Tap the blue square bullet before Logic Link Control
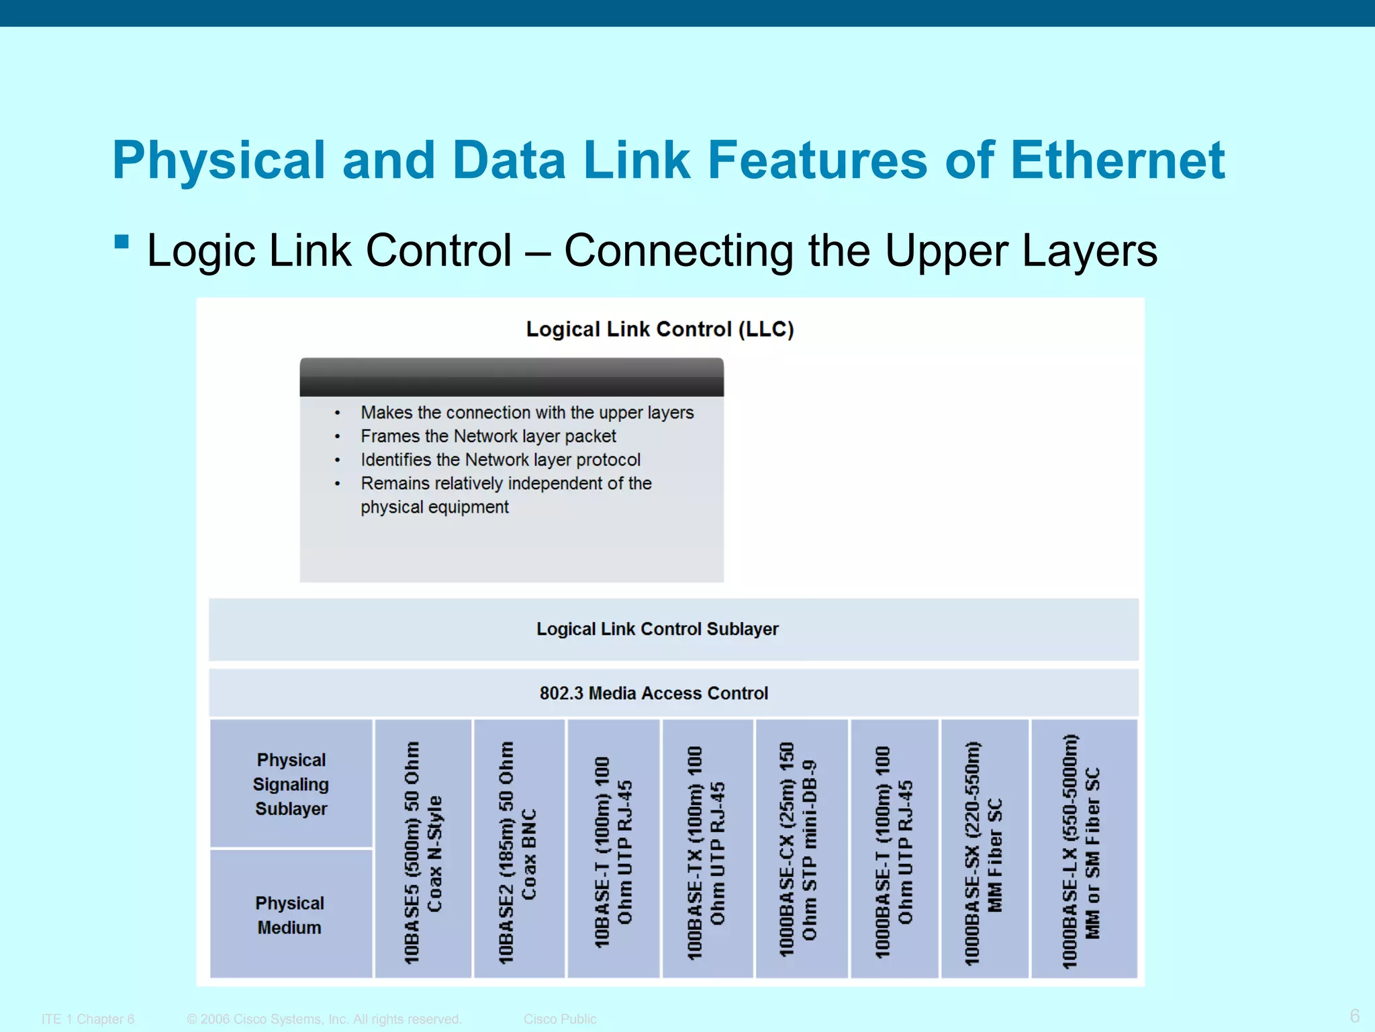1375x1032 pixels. (x=122, y=242)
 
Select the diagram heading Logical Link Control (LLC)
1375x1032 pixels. (x=659, y=329)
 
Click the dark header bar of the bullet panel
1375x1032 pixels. (x=512, y=377)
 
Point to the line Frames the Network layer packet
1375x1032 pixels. (x=488, y=436)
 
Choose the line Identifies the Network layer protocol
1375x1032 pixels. (x=500, y=460)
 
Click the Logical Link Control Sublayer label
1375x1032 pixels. (x=657, y=629)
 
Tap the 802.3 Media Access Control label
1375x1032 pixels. (x=653, y=693)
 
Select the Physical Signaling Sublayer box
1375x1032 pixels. (x=291, y=784)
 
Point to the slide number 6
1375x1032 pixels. (x=1354, y=1015)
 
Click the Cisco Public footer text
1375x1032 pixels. (x=560, y=1019)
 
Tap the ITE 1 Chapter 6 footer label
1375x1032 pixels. (x=88, y=1019)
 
